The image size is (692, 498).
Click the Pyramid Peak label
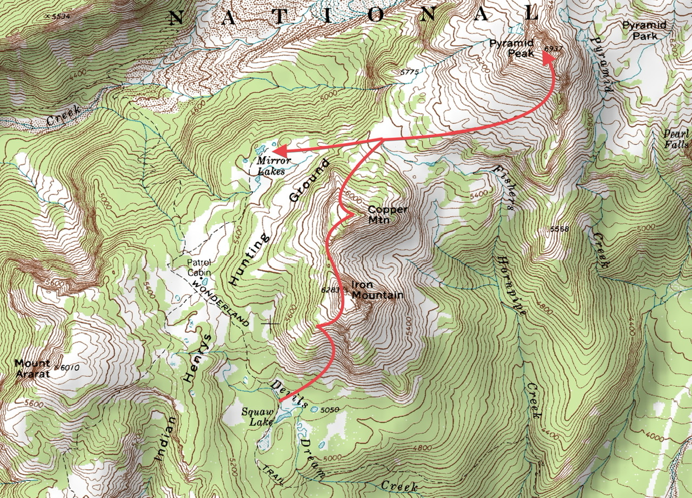click(511, 48)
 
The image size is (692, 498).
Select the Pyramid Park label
click(643, 30)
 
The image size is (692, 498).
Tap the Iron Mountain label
click(377, 290)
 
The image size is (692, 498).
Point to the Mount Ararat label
click(32, 368)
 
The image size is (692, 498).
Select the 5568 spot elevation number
click(559, 230)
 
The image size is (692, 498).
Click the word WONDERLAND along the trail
click(222, 305)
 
